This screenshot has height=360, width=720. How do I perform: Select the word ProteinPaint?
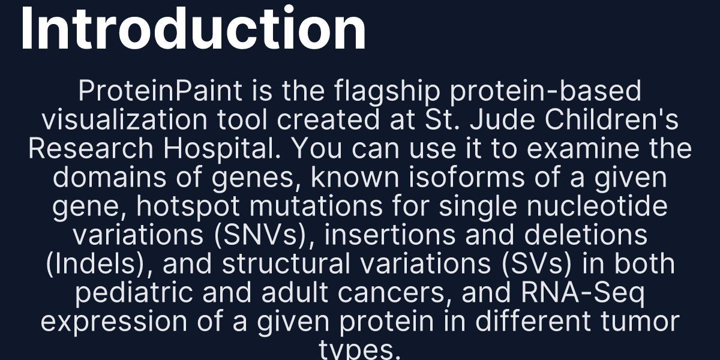(x=161, y=92)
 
